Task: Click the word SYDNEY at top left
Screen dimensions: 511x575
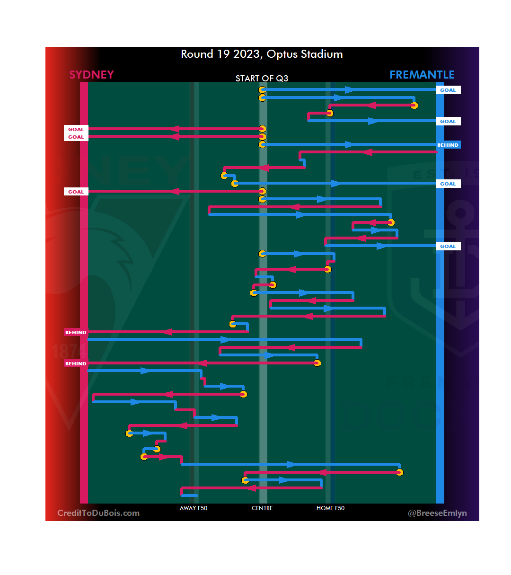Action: click(91, 75)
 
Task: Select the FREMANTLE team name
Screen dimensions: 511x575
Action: click(422, 75)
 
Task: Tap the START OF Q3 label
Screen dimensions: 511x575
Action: click(262, 78)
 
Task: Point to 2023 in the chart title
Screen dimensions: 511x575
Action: click(246, 54)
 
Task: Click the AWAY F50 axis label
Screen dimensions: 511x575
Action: click(194, 508)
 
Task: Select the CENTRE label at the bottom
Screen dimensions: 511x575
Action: click(262, 508)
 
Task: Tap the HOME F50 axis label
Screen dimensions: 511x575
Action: click(330, 508)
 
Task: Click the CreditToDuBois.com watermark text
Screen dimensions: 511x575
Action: click(98, 513)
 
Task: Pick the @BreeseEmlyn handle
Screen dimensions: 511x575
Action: click(437, 513)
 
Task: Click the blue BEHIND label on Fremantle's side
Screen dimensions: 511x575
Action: click(448, 145)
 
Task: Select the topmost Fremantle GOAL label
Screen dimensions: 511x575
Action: click(448, 90)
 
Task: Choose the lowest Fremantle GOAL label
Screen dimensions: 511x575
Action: click(448, 246)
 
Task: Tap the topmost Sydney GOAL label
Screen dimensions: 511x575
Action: click(76, 129)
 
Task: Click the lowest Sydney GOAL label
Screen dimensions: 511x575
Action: click(76, 192)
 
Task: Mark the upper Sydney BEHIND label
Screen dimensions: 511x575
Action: click(76, 332)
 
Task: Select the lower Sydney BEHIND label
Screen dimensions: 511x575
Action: click(76, 363)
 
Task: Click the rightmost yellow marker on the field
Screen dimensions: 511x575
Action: click(414, 105)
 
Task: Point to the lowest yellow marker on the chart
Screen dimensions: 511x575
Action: click(245, 480)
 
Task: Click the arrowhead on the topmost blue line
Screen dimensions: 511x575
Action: click(350, 90)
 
